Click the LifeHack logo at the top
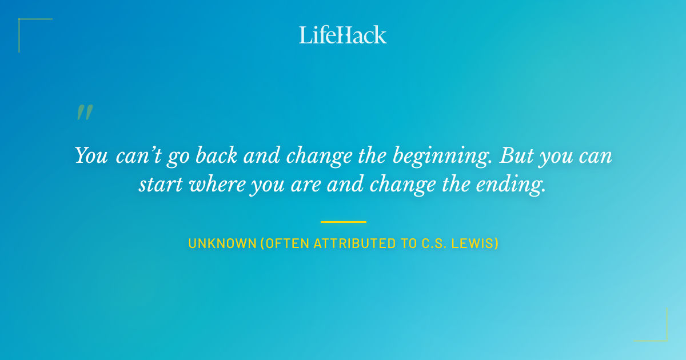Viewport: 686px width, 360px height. point(343,35)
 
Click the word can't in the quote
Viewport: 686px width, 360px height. point(132,156)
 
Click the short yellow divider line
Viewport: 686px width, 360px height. point(343,222)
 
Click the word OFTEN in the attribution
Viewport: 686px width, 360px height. point(286,243)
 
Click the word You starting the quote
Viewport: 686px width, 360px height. point(91,156)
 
